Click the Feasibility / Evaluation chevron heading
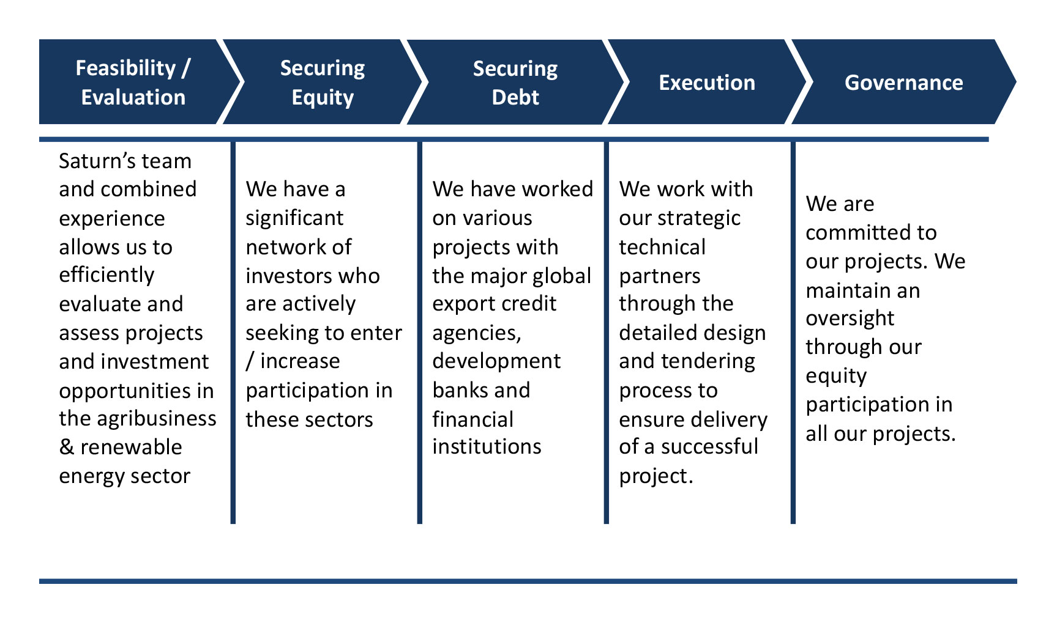pyautogui.click(x=133, y=83)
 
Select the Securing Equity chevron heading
pyautogui.click(x=323, y=83)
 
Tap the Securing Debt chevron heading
pyautogui.click(x=515, y=83)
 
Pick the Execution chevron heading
pyautogui.click(x=707, y=83)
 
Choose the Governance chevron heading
pyautogui.click(x=904, y=83)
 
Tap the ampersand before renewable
pyautogui.click(x=66, y=448)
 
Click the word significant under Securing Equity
pyautogui.click(x=294, y=218)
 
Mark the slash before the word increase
pyautogui.click(x=250, y=361)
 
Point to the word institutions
pyautogui.click(x=487, y=447)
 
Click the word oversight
pyautogui.click(x=850, y=319)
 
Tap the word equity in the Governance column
pyautogui.click(x=836, y=376)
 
